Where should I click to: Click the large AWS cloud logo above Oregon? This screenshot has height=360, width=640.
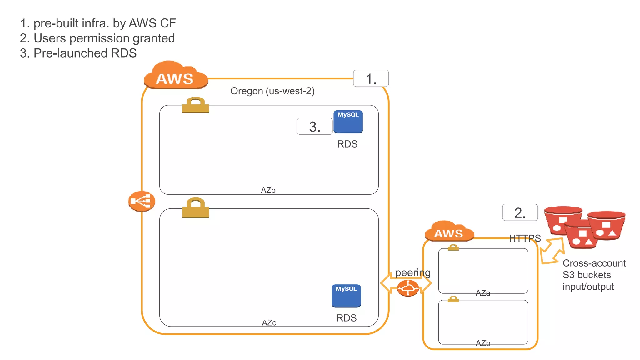(x=176, y=76)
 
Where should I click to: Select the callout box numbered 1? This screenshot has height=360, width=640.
(x=371, y=78)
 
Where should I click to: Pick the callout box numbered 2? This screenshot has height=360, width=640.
(x=520, y=212)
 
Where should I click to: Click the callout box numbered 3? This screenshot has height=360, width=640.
(x=314, y=126)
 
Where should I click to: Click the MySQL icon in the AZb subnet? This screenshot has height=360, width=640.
(x=348, y=122)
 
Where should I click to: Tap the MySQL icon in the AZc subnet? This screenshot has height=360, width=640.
(x=346, y=296)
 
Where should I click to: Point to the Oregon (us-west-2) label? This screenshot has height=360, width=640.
(x=272, y=91)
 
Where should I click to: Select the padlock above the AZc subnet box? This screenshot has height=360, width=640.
(x=195, y=208)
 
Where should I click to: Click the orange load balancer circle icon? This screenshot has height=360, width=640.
(x=142, y=201)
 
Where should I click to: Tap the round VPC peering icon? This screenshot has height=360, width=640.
(x=408, y=288)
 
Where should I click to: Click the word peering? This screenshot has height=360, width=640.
(x=412, y=273)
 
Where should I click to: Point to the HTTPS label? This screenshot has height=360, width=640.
(x=524, y=238)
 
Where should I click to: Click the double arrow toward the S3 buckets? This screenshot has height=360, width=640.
(x=552, y=251)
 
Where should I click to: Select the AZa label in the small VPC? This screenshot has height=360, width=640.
(x=482, y=293)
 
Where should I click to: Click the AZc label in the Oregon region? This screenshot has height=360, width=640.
(x=269, y=322)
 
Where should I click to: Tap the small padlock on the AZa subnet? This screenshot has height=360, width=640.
(x=453, y=247)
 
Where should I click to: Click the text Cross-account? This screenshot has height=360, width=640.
(x=594, y=263)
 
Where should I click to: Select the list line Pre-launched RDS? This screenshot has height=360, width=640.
(x=78, y=53)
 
